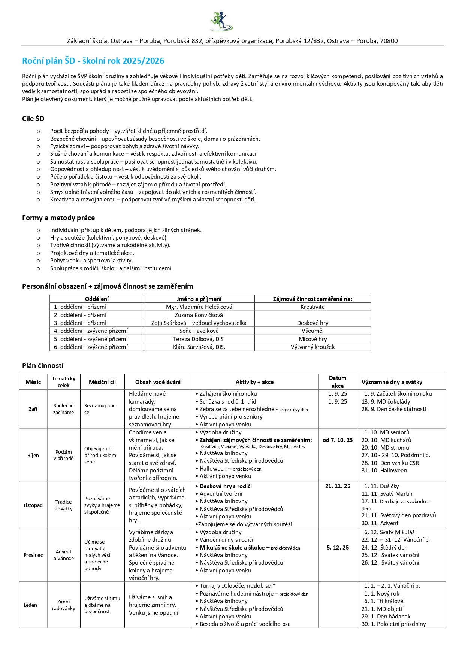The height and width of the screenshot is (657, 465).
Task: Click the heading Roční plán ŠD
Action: click(x=93, y=61)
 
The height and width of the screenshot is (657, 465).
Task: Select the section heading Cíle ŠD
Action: click(x=33, y=119)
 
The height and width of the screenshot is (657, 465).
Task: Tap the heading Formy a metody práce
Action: click(x=58, y=218)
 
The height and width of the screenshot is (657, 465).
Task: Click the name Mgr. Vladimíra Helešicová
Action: click(x=199, y=307)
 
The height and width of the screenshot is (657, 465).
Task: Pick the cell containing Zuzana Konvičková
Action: click(x=199, y=315)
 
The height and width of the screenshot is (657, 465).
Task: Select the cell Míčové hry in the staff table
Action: click(x=312, y=339)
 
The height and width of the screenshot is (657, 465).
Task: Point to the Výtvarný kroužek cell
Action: click(x=312, y=347)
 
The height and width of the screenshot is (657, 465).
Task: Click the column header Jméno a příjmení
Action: click(x=199, y=299)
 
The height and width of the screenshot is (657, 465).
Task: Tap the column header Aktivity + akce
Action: click(x=254, y=382)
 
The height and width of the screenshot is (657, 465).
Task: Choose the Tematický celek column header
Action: click(x=64, y=382)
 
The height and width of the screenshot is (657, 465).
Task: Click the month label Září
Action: click(x=33, y=409)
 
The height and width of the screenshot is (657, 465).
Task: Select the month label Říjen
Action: click(x=33, y=456)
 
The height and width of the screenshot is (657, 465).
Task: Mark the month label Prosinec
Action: click(x=33, y=555)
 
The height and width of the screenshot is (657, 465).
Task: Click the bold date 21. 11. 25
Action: click(x=338, y=486)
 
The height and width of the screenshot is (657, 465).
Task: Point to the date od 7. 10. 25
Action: click(x=338, y=440)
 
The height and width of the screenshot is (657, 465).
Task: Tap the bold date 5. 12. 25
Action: click(x=338, y=548)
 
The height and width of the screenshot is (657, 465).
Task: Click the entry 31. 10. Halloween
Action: click(x=384, y=471)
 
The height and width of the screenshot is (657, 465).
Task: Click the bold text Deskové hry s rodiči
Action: click(x=226, y=486)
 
